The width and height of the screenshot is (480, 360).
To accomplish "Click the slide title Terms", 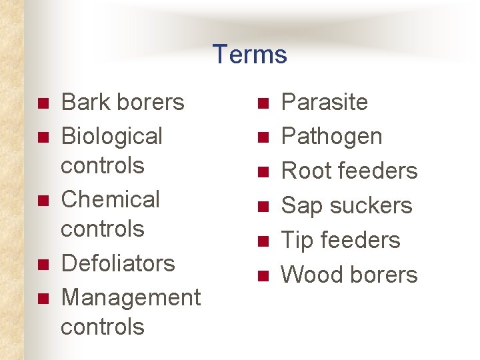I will click(x=250, y=54).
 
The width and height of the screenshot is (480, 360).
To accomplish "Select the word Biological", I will click(x=111, y=137).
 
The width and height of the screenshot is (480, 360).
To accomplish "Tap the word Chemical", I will click(x=110, y=199).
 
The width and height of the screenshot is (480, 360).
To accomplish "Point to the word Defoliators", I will click(x=117, y=263).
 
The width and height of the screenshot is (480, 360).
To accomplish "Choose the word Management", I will click(x=130, y=297).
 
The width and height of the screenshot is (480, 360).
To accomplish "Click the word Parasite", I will click(x=324, y=102).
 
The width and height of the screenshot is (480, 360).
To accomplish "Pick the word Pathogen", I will click(x=331, y=137).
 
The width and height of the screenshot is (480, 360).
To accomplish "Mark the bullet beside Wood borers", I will click(x=264, y=276).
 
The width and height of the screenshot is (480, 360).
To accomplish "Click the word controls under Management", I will click(x=102, y=327).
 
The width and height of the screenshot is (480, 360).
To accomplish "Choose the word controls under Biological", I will click(x=102, y=165).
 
